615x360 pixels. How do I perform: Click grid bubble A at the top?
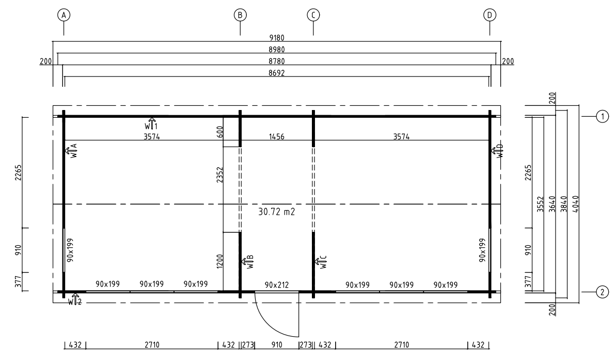point(64,15)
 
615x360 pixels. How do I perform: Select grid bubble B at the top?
point(240,15)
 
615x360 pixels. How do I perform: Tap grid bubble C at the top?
point(313,15)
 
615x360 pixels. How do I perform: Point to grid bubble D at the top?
point(490,15)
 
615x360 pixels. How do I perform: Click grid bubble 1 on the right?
point(603,117)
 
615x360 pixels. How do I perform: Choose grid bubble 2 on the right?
point(603,292)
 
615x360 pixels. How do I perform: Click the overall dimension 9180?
point(276,38)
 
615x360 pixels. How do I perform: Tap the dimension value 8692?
point(276,73)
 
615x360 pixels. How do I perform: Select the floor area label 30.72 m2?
point(276,212)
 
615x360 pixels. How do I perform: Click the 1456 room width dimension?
point(276,136)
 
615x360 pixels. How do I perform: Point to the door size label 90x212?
point(276,285)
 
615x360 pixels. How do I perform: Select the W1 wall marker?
point(151,124)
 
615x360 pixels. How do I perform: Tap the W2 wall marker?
point(75,300)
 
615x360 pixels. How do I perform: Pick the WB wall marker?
point(248,261)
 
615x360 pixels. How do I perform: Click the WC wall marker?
point(321,261)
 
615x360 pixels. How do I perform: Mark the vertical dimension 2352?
point(219,175)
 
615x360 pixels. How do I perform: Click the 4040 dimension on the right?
point(575,204)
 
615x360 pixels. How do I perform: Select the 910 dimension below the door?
point(276,345)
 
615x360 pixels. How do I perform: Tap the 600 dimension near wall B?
point(219,132)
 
